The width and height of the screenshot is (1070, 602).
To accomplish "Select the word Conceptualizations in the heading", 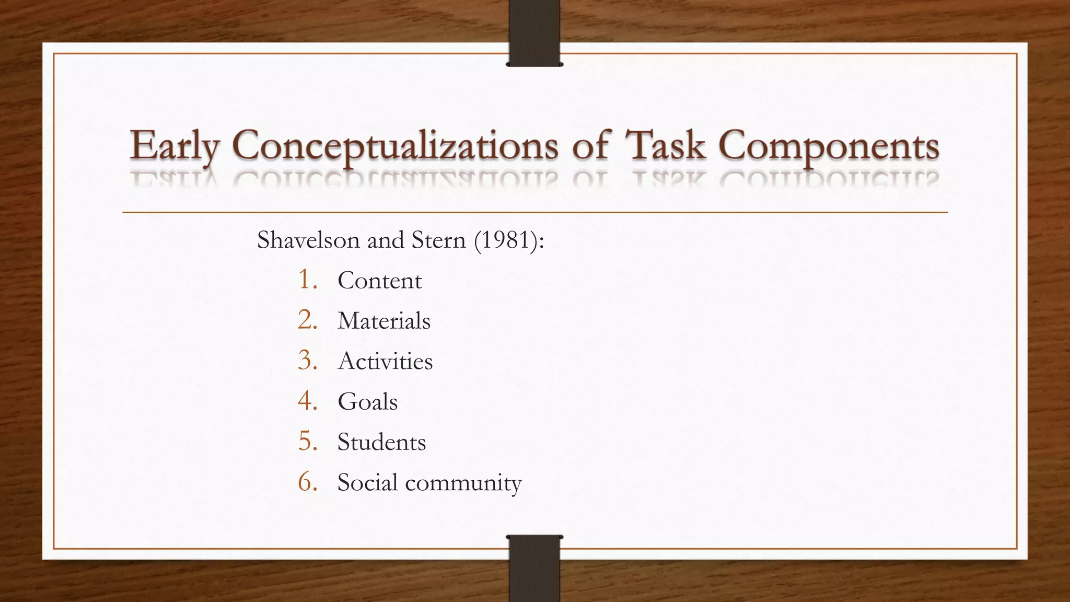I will [395, 146].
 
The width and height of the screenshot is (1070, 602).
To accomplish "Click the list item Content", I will [379, 281].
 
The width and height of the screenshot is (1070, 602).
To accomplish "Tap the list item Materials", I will [384, 321].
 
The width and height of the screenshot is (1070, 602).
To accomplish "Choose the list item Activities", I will [386, 361].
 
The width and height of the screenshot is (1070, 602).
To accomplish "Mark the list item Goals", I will [367, 402].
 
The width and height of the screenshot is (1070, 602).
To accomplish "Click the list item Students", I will [381, 442].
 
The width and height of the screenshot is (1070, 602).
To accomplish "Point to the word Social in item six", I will [367, 482].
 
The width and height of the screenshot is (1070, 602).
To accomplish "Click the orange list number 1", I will [307, 280].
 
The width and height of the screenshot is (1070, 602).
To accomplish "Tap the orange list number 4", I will [307, 401].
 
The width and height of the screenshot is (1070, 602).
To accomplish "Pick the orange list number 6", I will [307, 482].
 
